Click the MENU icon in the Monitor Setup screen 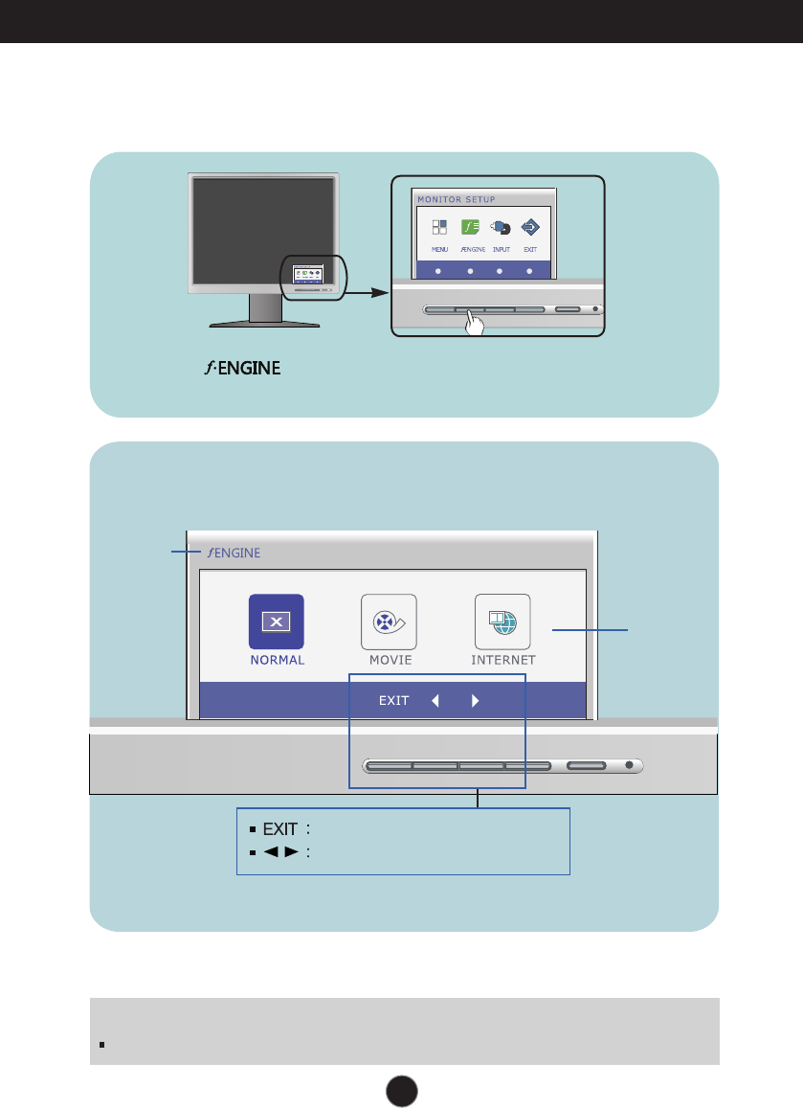(x=439, y=228)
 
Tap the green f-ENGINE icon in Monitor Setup (x=470, y=228)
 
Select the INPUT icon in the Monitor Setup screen (x=501, y=228)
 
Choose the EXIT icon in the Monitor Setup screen (x=530, y=228)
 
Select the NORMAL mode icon (x=277, y=622)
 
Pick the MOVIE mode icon (x=390, y=622)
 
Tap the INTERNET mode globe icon (x=502, y=622)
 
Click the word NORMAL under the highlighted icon (x=277, y=660)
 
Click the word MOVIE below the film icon (x=390, y=660)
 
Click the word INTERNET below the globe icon (x=503, y=660)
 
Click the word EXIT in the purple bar (x=394, y=700)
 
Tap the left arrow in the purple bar (x=435, y=700)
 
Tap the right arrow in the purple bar (x=475, y=700)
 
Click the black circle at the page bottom (x=402, y=1089)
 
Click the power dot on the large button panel (x=629, y=765)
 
